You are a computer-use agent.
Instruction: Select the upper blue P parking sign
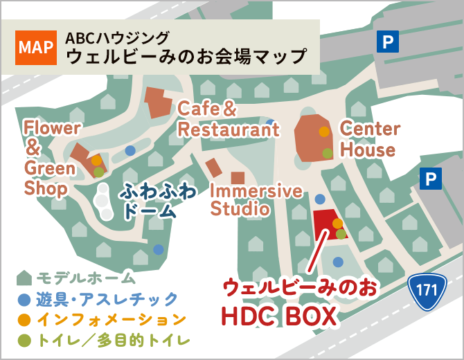[x=387, y=42]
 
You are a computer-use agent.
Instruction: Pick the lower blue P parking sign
[x=430, y=180]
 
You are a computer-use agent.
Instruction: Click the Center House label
[x=369, y=139]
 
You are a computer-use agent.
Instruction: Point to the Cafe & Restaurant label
[x=228, y=119]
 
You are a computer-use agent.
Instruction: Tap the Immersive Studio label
[x=256, y=199]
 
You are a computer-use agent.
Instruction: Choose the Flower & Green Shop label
[x=51, y=157]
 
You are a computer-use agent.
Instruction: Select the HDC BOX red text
[x=278, y=316]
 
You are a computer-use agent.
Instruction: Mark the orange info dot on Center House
[x=324, y=132]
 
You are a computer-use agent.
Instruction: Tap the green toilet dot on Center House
[x=327, y=153]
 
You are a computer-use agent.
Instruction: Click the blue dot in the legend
[x=24, y=300]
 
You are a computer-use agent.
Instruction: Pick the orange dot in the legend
[x=24, y=320]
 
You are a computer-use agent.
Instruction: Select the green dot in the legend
[x=24, y=340]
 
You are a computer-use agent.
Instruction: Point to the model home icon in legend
[x=24, y=278]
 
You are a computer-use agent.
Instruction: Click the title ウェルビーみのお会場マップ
[x=186, y=55]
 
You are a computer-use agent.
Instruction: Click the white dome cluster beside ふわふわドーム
[x=102, y=201]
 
